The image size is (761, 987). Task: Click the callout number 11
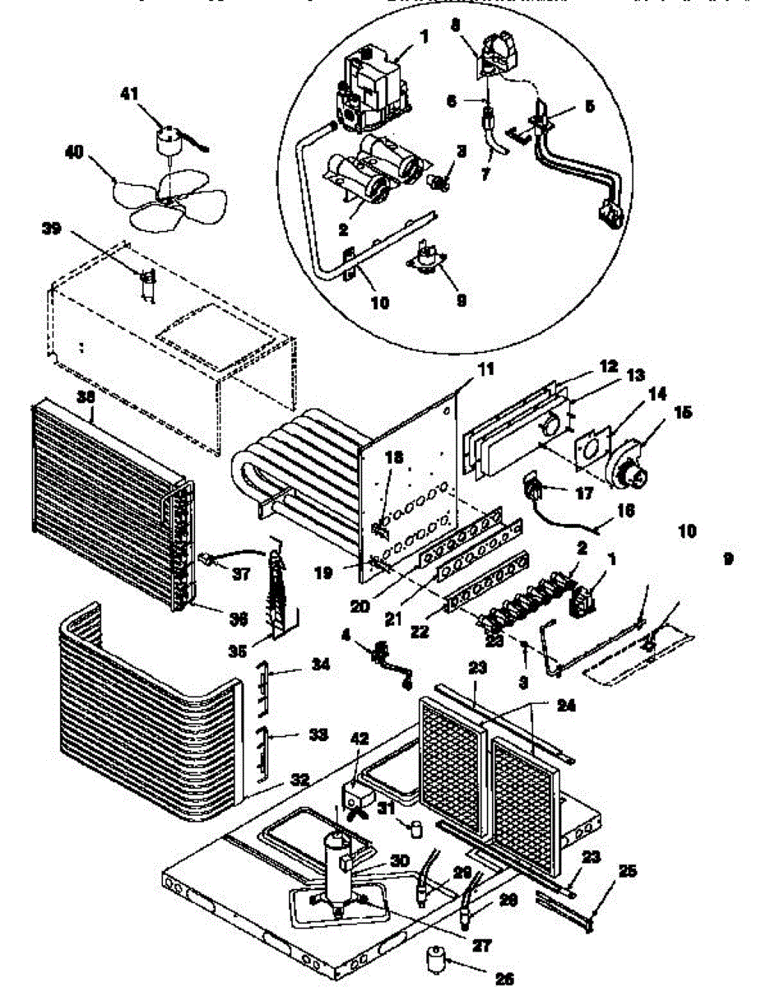pyautogui.click(x=486, y=370)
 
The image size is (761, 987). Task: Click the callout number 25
pyautogui.click(x=629, y=870)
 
